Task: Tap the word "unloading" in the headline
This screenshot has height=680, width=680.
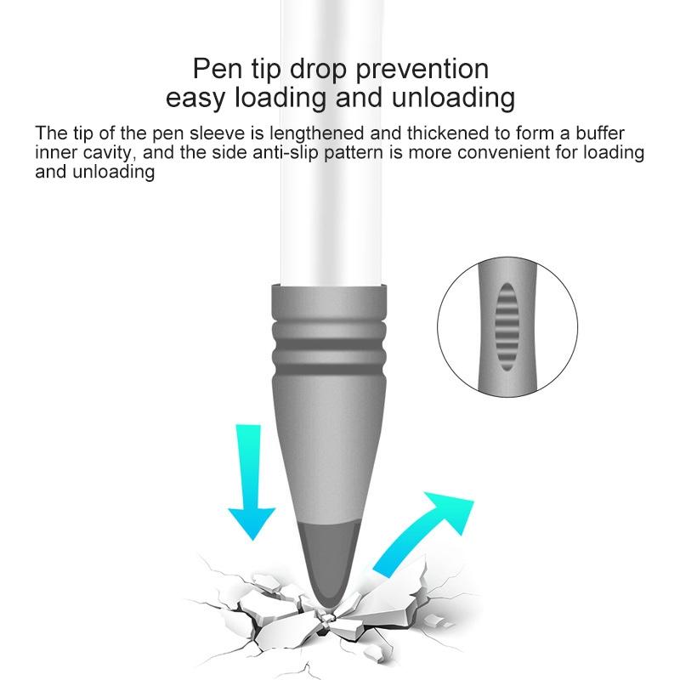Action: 453,99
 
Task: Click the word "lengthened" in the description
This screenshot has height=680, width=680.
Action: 316,133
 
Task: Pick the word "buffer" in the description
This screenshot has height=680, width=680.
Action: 600,133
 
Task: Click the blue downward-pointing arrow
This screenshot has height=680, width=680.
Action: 252,482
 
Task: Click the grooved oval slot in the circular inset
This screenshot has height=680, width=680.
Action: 507,327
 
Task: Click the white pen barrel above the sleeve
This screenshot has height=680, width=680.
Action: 332,143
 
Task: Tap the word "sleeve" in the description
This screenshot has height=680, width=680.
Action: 218,133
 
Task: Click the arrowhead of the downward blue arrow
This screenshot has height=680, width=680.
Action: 252,524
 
